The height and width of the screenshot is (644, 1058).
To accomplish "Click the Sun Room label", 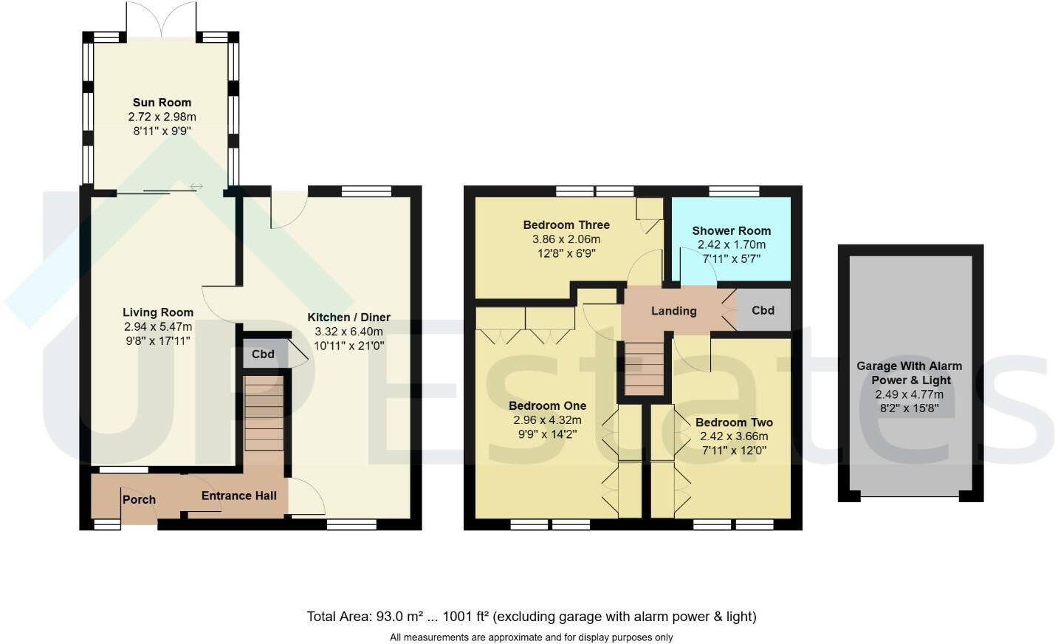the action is click(162, 103).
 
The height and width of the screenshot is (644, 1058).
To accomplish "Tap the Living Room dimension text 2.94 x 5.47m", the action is click(158, 326).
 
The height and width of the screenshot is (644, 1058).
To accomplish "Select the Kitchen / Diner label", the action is click(349, 317).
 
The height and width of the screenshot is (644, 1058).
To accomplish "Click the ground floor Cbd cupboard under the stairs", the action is click(263, 354).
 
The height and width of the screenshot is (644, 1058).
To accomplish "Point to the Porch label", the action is click(139, 499).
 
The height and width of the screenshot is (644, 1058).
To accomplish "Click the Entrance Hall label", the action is click(239, 496).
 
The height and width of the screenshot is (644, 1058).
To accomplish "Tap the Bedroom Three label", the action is click(566, 225).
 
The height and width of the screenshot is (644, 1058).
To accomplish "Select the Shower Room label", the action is click(731, 230).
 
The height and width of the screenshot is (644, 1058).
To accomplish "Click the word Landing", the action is click(674, 311).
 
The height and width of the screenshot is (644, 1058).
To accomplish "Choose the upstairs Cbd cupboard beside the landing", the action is click(763, 310).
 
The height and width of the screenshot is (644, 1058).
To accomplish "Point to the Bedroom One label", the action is click(547, 406).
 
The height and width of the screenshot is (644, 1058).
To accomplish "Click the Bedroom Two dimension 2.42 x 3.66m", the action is click(734, 436).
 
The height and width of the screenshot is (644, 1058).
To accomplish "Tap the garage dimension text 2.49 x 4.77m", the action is click(909, 394).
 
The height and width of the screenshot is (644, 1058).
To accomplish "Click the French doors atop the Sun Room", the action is click(162, 19).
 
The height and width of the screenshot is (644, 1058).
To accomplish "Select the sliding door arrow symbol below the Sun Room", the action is click(196, 187).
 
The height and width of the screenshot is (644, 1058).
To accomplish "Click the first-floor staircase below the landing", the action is click(645, 369).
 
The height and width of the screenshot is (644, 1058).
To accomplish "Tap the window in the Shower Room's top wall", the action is click(734, 191).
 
